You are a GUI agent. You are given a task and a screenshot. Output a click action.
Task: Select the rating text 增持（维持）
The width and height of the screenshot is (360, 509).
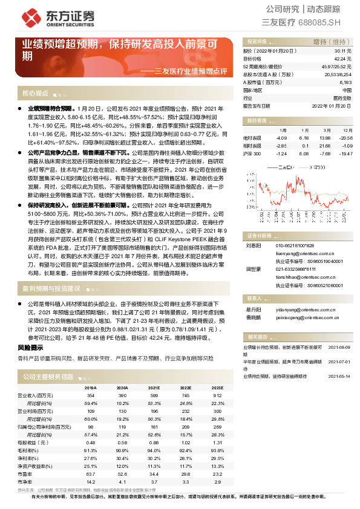click(329, 42)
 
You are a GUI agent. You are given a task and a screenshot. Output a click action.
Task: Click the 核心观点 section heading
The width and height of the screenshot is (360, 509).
click(35, 94)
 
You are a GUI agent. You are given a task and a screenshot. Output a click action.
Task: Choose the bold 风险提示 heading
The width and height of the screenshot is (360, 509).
click(30, 348)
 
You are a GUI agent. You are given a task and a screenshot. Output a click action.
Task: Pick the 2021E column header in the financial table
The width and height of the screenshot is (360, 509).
click(154, 387)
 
